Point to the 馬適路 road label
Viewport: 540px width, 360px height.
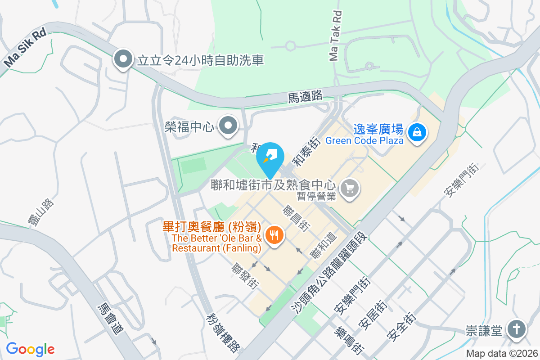(x=305, y=96)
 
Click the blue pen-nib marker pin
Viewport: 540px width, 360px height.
(x=270, y=157)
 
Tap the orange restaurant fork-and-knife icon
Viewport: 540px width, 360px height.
(x=274, y=234)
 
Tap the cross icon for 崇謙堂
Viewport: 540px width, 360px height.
(x=515, y=330)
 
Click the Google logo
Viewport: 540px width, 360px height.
(x=30, y=349)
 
